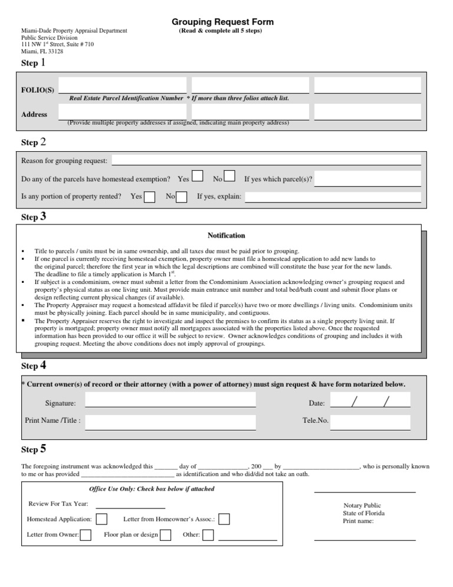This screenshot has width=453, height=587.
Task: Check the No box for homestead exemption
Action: click(230, 176)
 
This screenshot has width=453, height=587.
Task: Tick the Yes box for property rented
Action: click(150, 197)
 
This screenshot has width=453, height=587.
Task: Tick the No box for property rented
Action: click(182, 197)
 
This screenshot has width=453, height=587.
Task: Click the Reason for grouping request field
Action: click(267, 160)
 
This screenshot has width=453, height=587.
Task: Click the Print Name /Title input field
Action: click(170, 422)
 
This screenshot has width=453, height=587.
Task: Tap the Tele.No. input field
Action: click(370, 422)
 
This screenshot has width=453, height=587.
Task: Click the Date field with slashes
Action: click(370, 402)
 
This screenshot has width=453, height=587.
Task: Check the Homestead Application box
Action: click(101, 519)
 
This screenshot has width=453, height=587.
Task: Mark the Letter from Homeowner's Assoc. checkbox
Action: click(224, 519)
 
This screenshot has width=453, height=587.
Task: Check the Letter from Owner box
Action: click(86, 535)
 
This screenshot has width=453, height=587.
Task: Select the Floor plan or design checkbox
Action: click(166, 535)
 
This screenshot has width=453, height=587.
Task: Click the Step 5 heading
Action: click(34, 450)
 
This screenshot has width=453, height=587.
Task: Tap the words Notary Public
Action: click(362, 506)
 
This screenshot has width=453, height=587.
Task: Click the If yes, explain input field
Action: click(333, 197)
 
